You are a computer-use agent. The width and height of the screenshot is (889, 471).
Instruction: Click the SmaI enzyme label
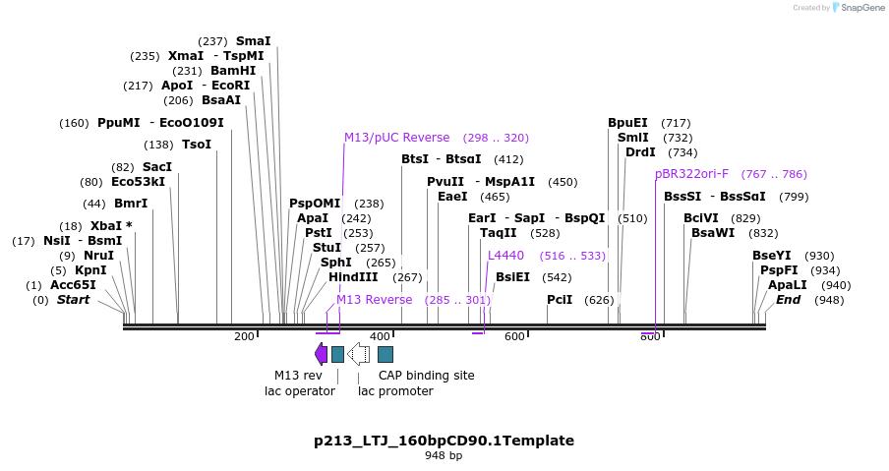[253, 41]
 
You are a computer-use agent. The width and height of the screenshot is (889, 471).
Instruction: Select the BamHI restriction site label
[233, 71]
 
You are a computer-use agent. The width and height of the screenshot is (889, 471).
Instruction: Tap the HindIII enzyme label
[353, 277]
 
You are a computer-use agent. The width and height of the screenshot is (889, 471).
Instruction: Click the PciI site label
[560, 300]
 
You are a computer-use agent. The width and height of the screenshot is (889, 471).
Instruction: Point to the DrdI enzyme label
[640, 152]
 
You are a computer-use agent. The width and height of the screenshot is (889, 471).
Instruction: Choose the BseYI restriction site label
[772, 256]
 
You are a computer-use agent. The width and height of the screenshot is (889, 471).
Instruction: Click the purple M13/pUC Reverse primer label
[396, 138]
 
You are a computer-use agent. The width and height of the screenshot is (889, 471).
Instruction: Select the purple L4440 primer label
[505, 256]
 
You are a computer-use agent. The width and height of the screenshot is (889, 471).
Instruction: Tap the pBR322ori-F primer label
[692, 174]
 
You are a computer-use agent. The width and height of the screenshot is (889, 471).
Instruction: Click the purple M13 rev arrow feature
[321, 354]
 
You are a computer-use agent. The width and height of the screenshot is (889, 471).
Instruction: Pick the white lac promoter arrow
[359, 354]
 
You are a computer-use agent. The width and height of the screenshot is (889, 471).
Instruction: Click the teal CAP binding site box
[385, 354]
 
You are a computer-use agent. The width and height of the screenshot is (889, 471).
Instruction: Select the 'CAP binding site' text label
[426, 376]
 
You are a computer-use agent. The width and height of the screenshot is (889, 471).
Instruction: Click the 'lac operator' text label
[299, 391]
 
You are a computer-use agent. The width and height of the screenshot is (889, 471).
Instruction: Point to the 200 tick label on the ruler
[244, 337]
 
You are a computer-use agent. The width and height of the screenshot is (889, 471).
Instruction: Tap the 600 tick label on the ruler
[514, 337]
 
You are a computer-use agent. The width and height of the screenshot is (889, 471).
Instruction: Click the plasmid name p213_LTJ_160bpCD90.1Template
[444, 441]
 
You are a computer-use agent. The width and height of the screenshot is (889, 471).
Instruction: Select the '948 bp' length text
[444, 456]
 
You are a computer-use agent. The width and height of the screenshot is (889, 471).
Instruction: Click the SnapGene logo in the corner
[856, 8]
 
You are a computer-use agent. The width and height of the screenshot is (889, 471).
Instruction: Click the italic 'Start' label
[73, 300]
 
